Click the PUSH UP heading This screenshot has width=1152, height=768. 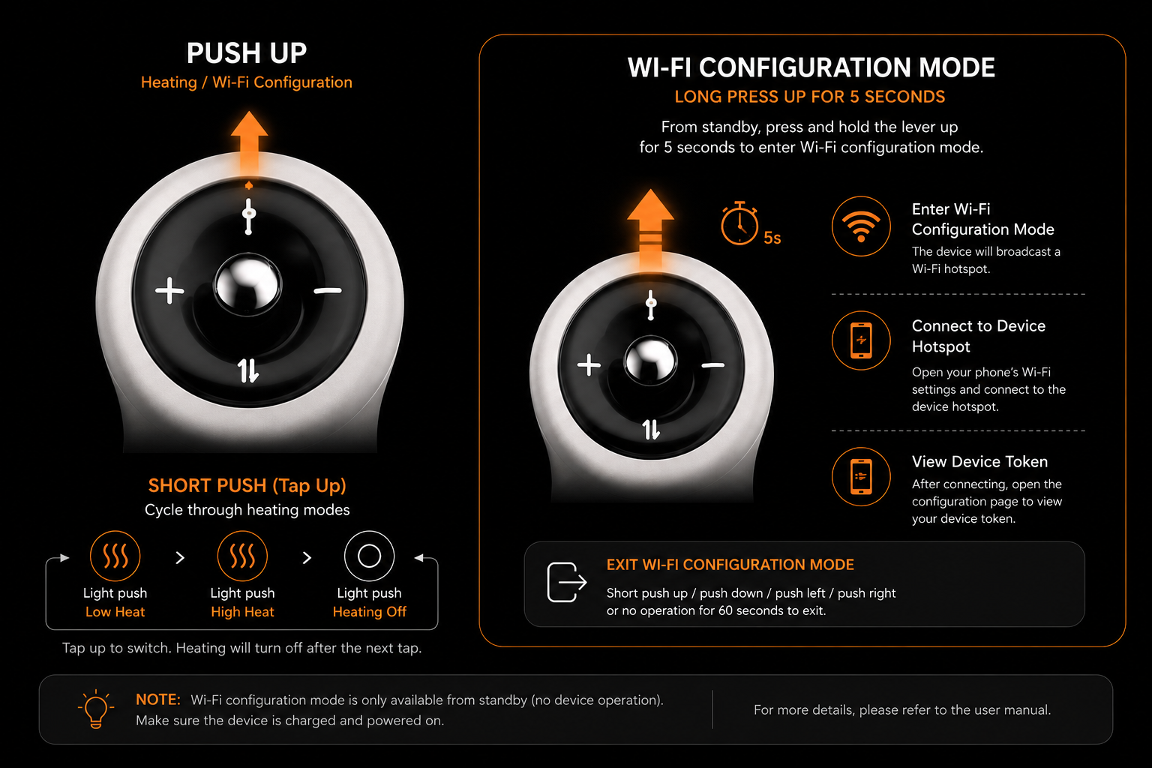[x=247, y=53]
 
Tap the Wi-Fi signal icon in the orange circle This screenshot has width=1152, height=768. [x=861, y=226]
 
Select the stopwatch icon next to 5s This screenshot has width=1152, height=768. [x=739, y=223]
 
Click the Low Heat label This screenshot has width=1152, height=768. [x=115, y=611]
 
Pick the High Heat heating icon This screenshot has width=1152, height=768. [x=242, y=556]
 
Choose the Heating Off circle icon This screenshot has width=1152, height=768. [x=369, y=556]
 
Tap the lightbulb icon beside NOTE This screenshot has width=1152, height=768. [x=96, y=709]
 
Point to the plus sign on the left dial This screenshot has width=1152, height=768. [x=169, y=291]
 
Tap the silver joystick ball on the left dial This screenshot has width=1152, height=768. [x=248, y=284]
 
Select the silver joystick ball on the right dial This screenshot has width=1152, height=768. [x=650, y=360]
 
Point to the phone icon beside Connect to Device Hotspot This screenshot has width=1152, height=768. [x=861, y=340]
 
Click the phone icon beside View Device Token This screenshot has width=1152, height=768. [x=861, y=476]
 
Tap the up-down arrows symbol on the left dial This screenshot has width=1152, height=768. [x=248, y=370]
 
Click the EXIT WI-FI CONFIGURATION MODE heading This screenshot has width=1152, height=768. [x=730, y=565]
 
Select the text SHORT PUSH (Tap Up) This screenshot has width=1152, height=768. [x=247, y=485]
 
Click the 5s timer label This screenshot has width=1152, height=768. [x=772, y=238]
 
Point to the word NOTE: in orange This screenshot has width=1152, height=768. [x=158, y=700]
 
